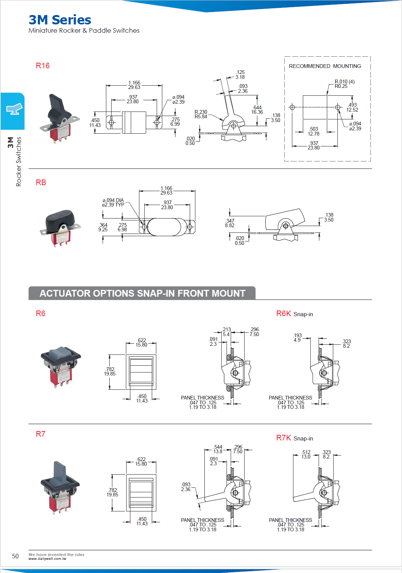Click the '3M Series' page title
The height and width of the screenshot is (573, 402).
coord(60,20)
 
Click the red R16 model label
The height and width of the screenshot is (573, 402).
coord(42,66)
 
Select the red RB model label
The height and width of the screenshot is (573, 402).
coord(41,182)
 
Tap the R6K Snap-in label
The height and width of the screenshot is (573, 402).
coord(294,314)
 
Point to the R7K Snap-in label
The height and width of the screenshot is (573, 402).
coord(294,438)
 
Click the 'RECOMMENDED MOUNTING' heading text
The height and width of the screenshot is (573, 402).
coord(325,66)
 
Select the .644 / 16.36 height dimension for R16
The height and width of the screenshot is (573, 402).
coord(257,110)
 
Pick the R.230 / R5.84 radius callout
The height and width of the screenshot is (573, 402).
coord(201,114)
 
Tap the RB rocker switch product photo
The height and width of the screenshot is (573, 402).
coord(60,228)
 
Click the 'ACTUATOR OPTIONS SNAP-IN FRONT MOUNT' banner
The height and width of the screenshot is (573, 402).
coord(142,293)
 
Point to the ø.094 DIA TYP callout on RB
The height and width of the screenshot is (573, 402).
coord(113,202)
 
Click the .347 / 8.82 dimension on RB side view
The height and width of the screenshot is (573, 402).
coord(230,223)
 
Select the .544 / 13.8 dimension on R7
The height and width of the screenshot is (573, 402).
coord(218,449)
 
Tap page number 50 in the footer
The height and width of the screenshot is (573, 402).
coord(15,556)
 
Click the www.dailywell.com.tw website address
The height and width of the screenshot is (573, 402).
coord(47,559)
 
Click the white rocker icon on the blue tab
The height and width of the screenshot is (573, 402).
coord(14,109)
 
